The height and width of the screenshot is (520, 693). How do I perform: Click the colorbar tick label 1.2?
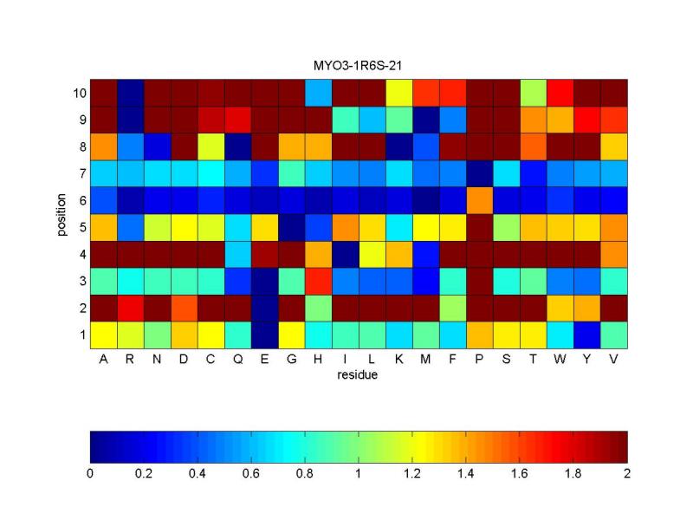point(412,474)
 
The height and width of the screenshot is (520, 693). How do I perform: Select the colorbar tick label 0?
point(90,474)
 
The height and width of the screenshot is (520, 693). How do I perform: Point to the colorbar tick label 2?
point(627,474)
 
